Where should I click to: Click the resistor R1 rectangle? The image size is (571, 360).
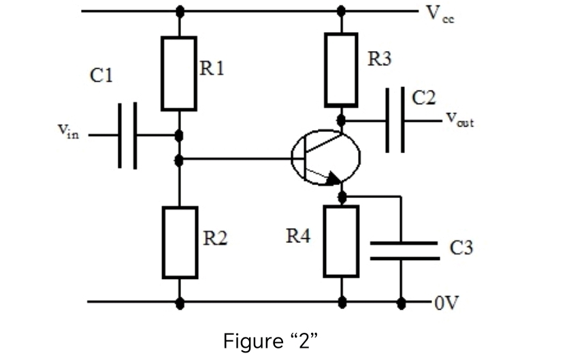click(x=179, y=73)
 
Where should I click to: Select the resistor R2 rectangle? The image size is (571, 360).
click(x=180, y=242)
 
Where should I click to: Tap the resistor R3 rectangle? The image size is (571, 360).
click(x=341, y=69)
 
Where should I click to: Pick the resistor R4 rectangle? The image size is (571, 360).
click(x=341, y=241)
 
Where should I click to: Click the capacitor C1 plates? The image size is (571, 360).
click(x=127, y=135)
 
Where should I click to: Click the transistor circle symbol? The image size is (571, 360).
click(x=325, y=158)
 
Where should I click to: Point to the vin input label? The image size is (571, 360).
click(x=67, y=131)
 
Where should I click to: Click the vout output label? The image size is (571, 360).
click(x=459, y=120)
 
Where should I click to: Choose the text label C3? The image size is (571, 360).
click(x=461, y=248)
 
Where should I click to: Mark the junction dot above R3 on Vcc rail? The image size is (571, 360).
click(x=341, y=11)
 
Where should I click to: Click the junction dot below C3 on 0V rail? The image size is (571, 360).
click(x=402, y=302)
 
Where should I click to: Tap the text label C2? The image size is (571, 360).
click(x=423, y=98)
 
